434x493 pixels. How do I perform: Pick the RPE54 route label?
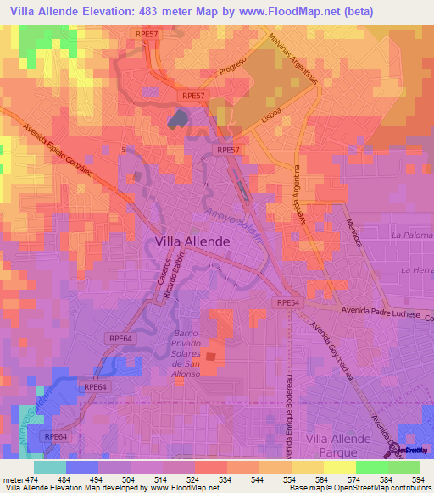(287, 302)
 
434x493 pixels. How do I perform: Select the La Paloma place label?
(412, 234)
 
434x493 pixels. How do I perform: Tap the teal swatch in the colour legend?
(49, 467)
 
